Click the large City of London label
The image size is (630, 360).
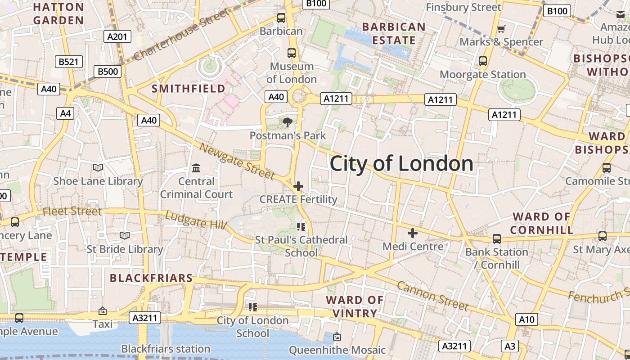[x=401, y=164]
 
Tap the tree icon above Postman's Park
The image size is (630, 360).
[x=287, y=122]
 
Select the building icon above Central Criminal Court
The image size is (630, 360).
[x=196, y=168]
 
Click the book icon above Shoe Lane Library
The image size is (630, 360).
[x=98, y=168]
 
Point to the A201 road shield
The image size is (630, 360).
[x=117, y=36]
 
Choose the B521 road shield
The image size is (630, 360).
[x=69, y=62]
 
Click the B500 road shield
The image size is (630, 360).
[x=108, y=71]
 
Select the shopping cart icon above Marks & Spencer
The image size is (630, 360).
[x=501, y=29]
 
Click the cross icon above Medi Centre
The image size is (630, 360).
[x=412, y=233]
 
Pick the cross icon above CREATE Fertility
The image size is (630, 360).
[x=298, y=186]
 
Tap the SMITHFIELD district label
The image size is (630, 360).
[x=189, y=89]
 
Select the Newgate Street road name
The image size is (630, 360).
[x=237, y=161]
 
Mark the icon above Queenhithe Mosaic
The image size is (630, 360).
[x=337, y=337]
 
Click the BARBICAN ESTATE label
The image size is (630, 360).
[x=394, y=34]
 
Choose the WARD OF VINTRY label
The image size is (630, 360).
[x=355, y=306]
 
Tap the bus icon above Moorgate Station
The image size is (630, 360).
[x=483, y=61]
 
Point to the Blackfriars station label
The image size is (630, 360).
[x=166, y=349]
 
